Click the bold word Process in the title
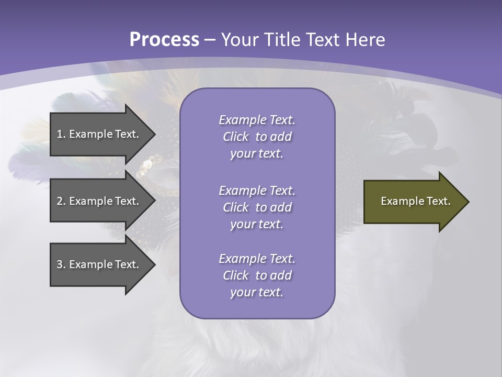click(164, 40)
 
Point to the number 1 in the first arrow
click(60, 134)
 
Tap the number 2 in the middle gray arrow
click(60, 201)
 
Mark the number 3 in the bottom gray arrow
click(60, 264)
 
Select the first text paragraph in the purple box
click(257, 137)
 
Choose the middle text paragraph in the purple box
click(257, 207)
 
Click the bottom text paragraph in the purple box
click(257, 275)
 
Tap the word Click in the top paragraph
click(235, 137)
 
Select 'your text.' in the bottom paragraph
click(257, 292)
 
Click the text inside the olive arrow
click(416, 201)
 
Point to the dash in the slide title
click(210, 40)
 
